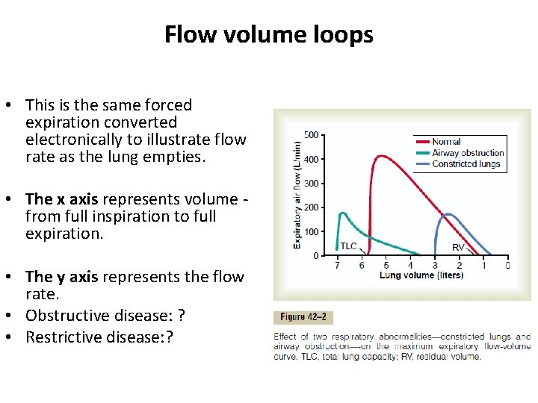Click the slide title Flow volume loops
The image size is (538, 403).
click(x=269, y=34)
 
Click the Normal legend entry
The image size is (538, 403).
click(x=446, y=142)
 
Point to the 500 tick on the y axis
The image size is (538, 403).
click(x=312, y=135)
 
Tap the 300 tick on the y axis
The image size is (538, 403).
click(x=312, y=184)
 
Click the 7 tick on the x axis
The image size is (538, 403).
click(x=337, y=266)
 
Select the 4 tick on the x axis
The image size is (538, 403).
click(x=410, y=266)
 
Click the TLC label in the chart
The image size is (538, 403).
click(x=349, y=246)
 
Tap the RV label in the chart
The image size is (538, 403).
click(x=457, y=247)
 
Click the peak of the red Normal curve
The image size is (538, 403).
click(x=381, y=156)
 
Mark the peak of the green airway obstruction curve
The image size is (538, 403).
click(x=342, y=213)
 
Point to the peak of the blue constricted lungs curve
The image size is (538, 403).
click(x=448, y=214)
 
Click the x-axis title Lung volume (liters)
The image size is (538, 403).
click(x=421, y=275)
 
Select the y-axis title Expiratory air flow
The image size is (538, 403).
click(x=298, y=195)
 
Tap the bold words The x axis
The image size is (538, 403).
click(x=63, y=199)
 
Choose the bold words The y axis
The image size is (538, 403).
click(x=63, y=277)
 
